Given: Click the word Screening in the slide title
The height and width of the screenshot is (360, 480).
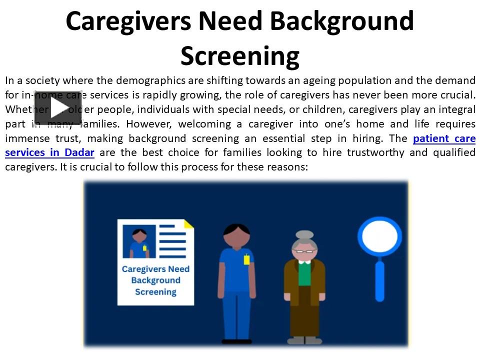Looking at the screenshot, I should (x=239, y=55).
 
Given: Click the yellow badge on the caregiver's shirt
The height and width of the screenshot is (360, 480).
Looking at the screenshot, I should (x=246, y=259).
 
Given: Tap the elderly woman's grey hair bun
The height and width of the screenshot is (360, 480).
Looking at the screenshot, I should (x=304, y=234).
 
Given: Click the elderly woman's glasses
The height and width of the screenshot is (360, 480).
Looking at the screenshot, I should (x=304, y=251).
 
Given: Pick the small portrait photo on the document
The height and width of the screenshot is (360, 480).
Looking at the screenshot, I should (x=138, y=240).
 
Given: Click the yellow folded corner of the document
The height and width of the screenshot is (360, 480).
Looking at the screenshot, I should (x=188, y=223).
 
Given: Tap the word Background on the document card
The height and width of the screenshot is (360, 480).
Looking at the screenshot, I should (x=155, y=280).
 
